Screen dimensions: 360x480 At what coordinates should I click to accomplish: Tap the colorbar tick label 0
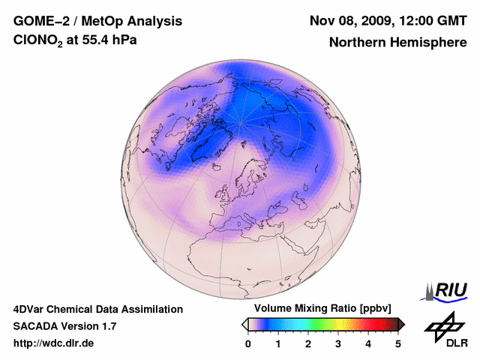[x=248, y=343]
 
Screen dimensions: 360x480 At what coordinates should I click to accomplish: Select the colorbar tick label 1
[x=278, y=343]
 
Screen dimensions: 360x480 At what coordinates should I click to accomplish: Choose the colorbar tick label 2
[x=308, y=343]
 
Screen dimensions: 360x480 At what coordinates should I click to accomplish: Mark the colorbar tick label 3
[x=338, y=343]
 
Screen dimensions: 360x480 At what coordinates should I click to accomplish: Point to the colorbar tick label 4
[x=368, y=343]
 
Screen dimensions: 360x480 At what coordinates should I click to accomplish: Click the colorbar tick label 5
[x=398, y=343]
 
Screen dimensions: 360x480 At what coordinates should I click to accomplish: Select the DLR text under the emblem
[x=457, y=343]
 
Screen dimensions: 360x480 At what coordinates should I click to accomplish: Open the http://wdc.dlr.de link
[x=54, y=343]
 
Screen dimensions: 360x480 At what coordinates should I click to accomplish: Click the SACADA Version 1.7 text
[x=64, y=326]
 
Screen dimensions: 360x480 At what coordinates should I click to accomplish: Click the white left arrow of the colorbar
[x=244, y=324]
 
